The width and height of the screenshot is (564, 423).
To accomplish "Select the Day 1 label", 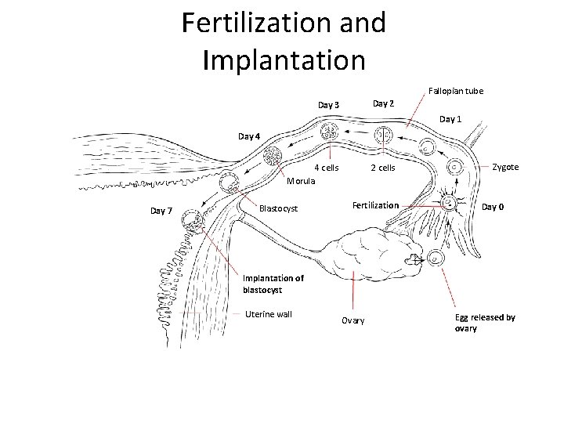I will coord(450,119).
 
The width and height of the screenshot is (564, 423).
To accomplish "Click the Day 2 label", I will coord(383,103).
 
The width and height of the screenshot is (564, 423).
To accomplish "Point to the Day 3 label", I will coord(328,105).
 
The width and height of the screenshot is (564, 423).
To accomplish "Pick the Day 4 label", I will coord(250,136).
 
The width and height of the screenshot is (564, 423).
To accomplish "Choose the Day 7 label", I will coord(161,211).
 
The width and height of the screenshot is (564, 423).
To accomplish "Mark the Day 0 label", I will coord(493,207).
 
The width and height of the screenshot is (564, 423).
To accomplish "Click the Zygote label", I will coord(505,167).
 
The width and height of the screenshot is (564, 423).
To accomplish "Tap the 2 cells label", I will coord(383,168).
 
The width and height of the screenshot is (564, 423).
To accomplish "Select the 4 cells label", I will coord(326,168).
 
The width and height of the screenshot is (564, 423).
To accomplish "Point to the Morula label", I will coord(301,181).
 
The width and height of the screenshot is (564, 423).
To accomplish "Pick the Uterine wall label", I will coord(268,314).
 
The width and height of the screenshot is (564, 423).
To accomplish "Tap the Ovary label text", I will coord(352,320).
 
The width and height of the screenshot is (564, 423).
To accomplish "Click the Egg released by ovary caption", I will coord(484,323).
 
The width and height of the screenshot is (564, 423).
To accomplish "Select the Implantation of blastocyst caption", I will coord(273,284).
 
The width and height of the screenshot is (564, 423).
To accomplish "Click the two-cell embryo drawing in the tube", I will coord(383,136).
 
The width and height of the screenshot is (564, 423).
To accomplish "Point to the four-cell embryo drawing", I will coord(329,132).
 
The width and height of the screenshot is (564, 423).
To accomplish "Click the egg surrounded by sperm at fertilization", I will coord(450,203).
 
